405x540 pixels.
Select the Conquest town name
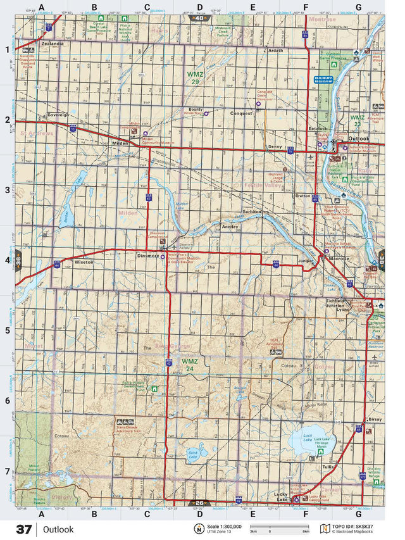click(241, 113)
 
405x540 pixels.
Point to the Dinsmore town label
click(147, 256)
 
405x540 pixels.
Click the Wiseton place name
click(84, 261)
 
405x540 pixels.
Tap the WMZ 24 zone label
click(189, 365)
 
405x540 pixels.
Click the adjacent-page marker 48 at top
click(200, 18)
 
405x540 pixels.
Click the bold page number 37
click(24, 529)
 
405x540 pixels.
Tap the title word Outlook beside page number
click(58, 529)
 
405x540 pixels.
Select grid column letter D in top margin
click(200, 8)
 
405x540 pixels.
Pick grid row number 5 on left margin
click(8, 330)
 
